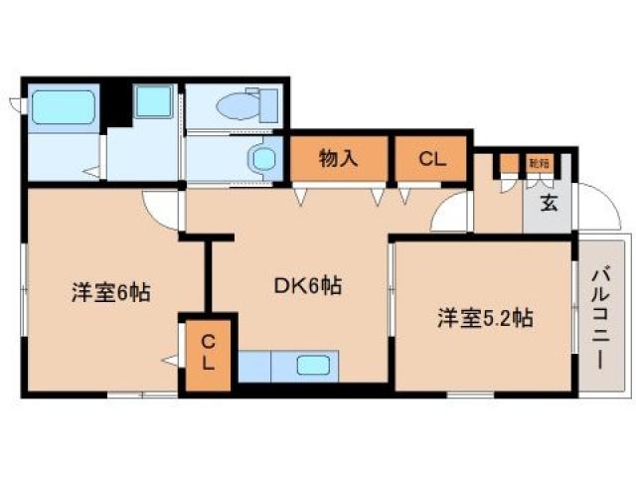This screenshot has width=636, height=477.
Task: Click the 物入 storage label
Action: (337, 157)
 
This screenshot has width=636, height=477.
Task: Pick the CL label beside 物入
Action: (430, 157)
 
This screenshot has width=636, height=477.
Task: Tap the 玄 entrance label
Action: (548, 204)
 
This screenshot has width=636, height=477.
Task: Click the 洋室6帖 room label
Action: (109, 293)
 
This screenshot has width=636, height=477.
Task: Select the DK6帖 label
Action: (308, 286)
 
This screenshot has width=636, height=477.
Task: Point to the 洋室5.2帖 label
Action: (486, 318)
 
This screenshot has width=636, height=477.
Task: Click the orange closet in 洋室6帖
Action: (208, 353)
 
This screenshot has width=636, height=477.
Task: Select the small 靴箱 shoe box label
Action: (538, 161)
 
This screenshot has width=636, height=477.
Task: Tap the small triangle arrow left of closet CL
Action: (172, 359)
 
